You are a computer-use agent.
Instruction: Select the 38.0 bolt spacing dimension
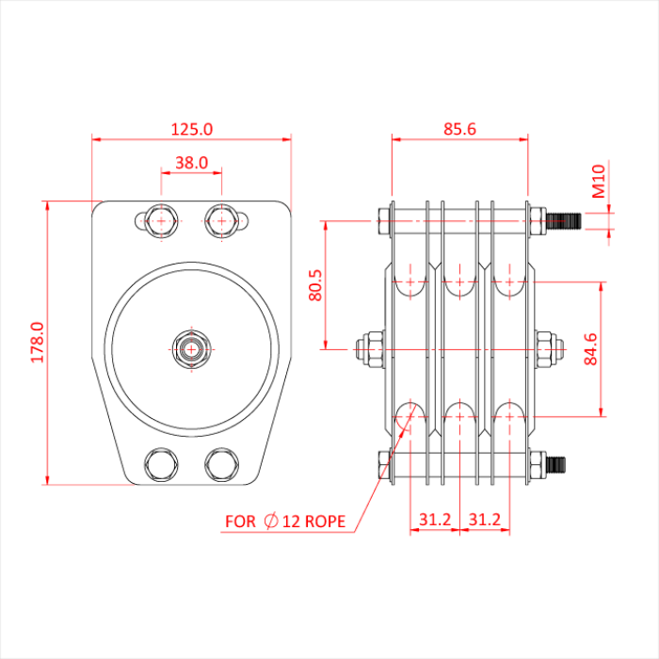coord(191,162)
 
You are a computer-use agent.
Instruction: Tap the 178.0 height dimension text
coord(38,343)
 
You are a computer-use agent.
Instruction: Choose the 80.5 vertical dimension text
coord(315,284)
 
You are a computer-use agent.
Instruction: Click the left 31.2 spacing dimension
coord(434,520)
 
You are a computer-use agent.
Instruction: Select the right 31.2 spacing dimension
coord(484,520)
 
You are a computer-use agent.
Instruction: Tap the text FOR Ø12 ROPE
coord(285,521)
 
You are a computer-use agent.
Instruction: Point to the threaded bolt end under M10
coord(563,222)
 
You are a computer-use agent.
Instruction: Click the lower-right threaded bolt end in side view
coord(555,463)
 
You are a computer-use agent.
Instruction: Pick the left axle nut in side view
coord(370,348)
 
